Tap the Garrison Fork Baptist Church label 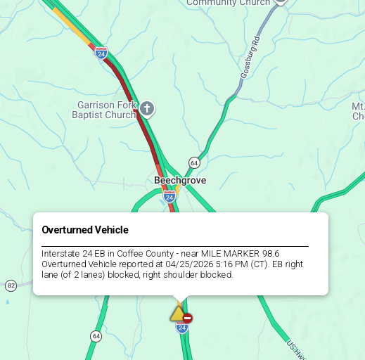pyautogui.click(x=105, y=110)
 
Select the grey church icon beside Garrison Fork pyautogui.click(x=146, y=108)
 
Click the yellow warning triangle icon pyautogui.click(x=177, y=314)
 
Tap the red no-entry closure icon pyautogui.click(x=188, y=318)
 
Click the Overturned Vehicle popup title pyautogui.click(x=85, y=230)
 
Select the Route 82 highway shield pyautogui.click(x=11, y=285)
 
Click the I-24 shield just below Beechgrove pyautogui.click(x=169, y=198)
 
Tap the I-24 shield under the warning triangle pyautogui.click(x=182, y=328)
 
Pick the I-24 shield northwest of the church pyautogui.click(x=101, y=53)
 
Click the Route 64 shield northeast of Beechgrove pyautogui.click(x=194, y=162)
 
